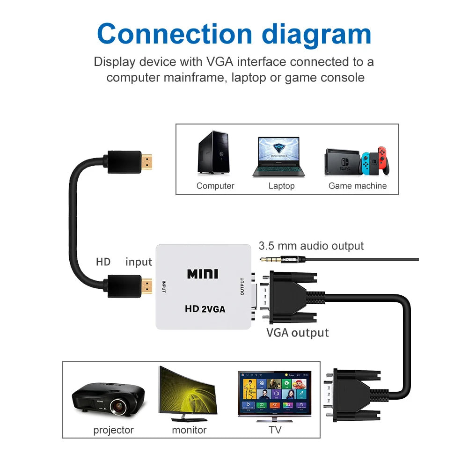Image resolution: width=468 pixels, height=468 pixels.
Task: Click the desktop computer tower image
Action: [x=213, y=153]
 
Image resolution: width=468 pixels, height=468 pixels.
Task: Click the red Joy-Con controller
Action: [x=383, y=159]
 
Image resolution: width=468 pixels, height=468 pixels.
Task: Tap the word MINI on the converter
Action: [x=203, y=273]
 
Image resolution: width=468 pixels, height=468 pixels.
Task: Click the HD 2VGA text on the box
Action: [x=205, y=309]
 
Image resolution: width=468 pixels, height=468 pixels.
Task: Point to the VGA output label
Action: [x=297, y=333]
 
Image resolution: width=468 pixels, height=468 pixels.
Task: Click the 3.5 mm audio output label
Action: [x=311, y=246]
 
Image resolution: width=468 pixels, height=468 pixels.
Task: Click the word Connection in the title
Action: [x=174, y=34]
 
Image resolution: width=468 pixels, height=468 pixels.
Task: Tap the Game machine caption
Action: [x=358, y=186]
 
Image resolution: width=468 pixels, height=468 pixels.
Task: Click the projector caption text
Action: [x=113, y=430]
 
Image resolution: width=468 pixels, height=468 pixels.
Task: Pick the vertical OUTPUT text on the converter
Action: [x=242, y=287]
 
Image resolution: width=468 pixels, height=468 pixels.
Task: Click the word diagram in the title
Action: [x=316, y=34]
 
